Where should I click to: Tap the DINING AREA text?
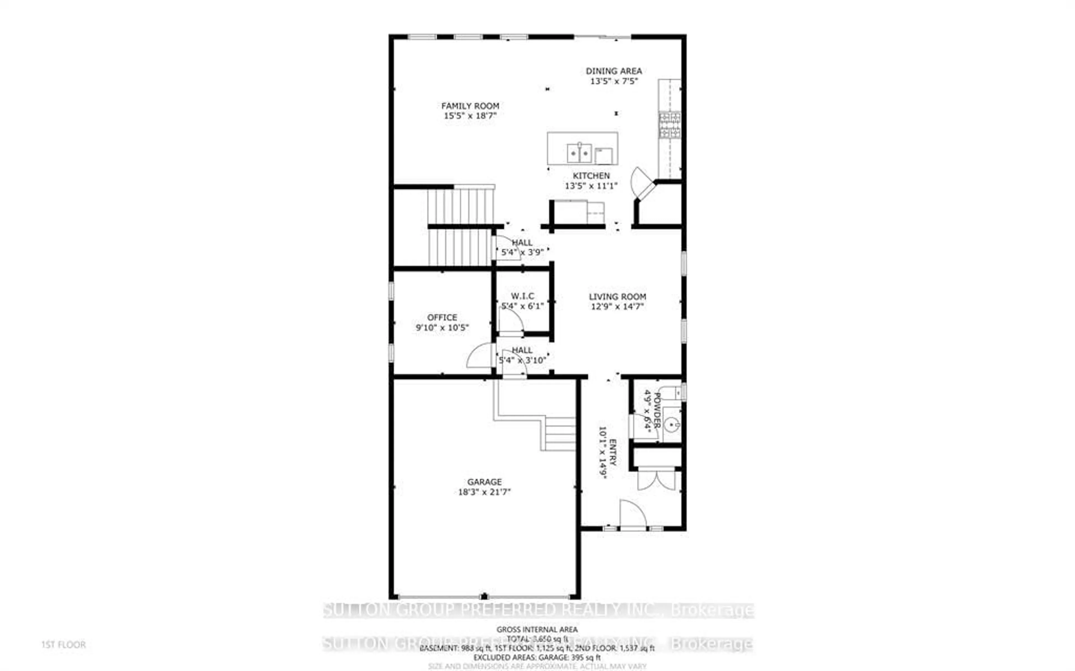pyautogui.click(x=613, y=71)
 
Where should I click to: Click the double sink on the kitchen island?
pyautogui.click(x=579, y=153)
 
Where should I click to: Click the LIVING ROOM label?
pyautogui.click(x=617, y=297)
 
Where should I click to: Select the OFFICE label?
pyautogui.click(x=442, y=317)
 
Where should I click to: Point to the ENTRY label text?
pyautogui.click(x=613, y=452)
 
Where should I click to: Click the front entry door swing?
pyautogui.click(x=632, y=515)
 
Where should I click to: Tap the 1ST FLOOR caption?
pyautogui.click(x=64, y=644)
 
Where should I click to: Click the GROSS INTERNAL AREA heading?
pyautogui.click(x=537, y=629)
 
